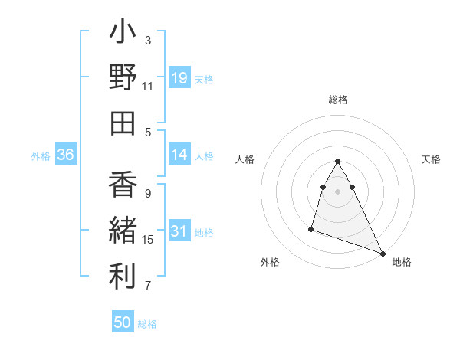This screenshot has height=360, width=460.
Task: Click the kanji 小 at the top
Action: point(123,34)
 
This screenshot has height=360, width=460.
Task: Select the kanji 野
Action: point(123,78)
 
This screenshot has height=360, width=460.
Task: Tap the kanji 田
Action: point(123,123)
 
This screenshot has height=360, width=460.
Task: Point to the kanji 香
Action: point(123,186)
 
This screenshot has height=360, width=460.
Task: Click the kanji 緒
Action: point(123,231)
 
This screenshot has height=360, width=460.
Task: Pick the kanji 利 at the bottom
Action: point(123,277)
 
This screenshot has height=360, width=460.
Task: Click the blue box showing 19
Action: point(179,77)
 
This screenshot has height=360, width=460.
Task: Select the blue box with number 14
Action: point(179,155)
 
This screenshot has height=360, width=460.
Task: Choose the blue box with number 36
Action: point(66,155)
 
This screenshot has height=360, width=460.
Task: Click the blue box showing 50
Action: point(123,322)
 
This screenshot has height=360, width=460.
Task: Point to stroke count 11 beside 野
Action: point(147,87)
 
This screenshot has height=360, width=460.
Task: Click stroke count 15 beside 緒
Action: point(148,240)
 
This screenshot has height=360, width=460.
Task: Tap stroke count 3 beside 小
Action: point(148,41)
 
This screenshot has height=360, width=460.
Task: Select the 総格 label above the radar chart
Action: point(337,100)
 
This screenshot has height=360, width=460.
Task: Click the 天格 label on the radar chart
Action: point(431,159)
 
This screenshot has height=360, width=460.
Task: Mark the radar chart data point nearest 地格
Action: point(383,252)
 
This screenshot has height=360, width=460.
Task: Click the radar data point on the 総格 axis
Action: point(337,161)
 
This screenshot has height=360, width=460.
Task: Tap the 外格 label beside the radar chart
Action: point(270,262)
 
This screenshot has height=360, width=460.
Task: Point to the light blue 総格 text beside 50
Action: point(147,324)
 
